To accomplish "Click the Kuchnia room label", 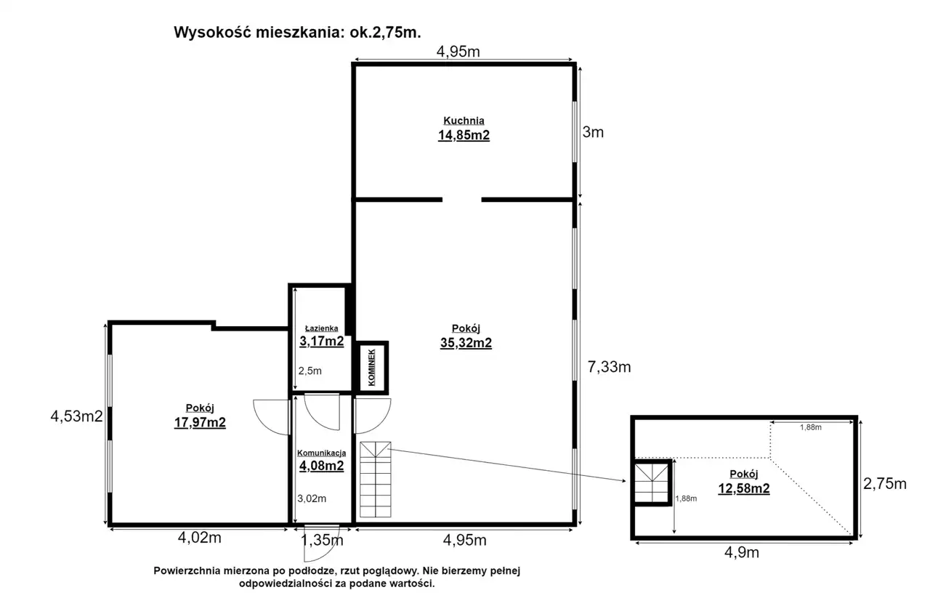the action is (464, 121).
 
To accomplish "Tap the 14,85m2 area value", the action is (464, 135).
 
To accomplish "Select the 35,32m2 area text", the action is (466, 343).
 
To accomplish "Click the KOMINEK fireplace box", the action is (371, 368).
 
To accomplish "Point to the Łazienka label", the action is (321, 328).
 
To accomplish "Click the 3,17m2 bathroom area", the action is (322, 342).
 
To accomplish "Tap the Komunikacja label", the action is (321, 453).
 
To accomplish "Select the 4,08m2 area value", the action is (322, 466).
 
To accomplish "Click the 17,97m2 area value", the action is (200, 423).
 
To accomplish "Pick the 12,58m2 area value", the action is (744, 488).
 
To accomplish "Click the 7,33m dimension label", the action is (609, 367).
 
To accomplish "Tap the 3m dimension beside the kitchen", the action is (593, 132).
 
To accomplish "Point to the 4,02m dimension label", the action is (199, 538).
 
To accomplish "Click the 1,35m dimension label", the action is (322, 540).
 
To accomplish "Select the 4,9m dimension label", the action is (742, 552).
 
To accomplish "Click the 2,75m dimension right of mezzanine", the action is (885, 484).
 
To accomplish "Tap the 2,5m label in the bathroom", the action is (310, 371).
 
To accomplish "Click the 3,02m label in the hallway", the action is (312, 498).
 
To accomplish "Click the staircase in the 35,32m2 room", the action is (376, 480).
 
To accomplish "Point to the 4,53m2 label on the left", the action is (76, 416).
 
